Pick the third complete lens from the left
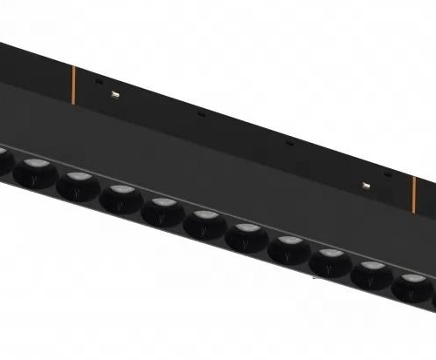point(119,196)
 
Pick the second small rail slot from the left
point(201,112)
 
